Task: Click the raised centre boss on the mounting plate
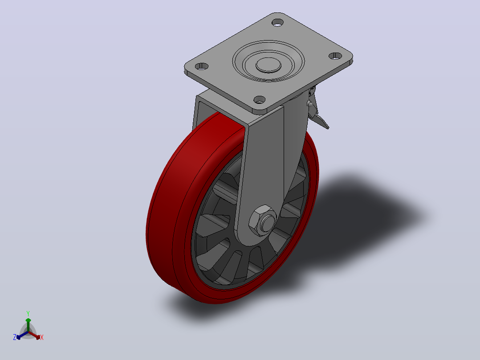(268, 65)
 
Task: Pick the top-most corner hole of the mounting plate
(278, 22)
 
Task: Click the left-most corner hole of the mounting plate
(202, 66)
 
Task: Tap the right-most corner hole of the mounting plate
(336, 56)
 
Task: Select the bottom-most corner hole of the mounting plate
(260, 99)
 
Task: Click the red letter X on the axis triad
(42, 337)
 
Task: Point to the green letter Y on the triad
(28, 313)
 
